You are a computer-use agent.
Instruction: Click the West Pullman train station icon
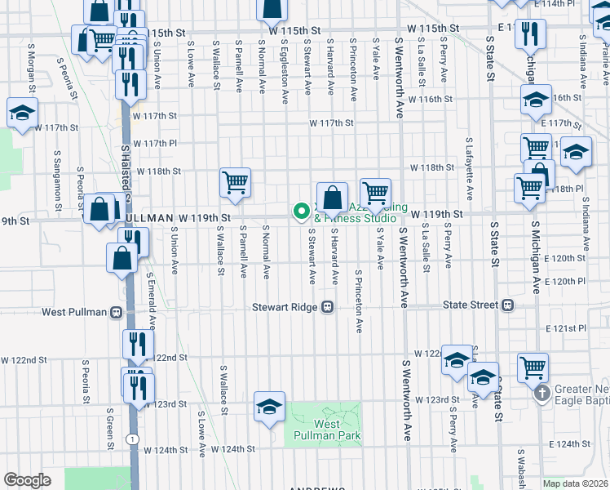tap(117, 312)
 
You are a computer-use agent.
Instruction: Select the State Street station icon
tap(507, 305)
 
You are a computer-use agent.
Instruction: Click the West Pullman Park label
tap(327, 430)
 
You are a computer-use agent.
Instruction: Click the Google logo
tap(27, 480)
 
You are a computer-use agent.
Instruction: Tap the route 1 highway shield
tap(131, 440)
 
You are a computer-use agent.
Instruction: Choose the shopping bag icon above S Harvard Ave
tap(333, 198)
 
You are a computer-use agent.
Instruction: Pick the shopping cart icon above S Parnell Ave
tap(235, 182)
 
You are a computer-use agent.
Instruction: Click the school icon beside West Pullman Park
tap(269, 407)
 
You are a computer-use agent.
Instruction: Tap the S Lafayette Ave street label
tap(469, 169)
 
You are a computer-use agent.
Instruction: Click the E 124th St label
tap(568, 443)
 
